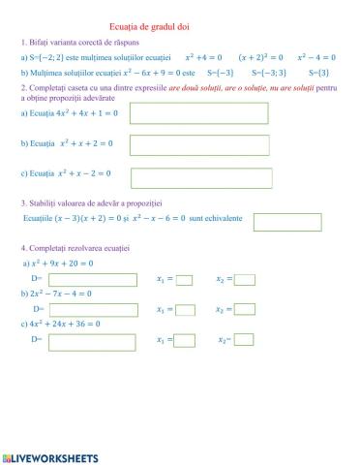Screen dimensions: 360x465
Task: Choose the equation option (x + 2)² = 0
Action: pyautogui.click(x=260, y=57)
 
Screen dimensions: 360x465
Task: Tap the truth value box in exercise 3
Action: pyautogui.click(x=286, y=222)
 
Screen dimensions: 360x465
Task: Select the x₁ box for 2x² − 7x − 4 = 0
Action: pyautogui.click(x=185, y=309)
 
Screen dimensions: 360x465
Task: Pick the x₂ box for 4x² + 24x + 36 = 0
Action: pyautogui.click(x=244, y=340)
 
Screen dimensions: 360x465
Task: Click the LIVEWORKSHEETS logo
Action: pyautogui.click(x=50, y=456)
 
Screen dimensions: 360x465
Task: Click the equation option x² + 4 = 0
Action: pyautogui.click(x=202, y=57)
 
